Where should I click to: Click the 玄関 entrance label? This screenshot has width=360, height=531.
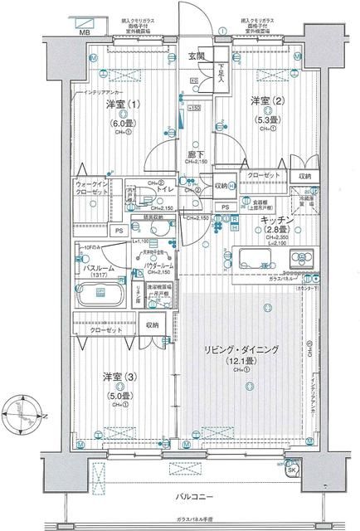click(x=196, y=56)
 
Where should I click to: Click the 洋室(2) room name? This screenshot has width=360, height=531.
click(x=265, y=100)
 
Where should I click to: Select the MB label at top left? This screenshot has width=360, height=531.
click(x=85, y=32)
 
